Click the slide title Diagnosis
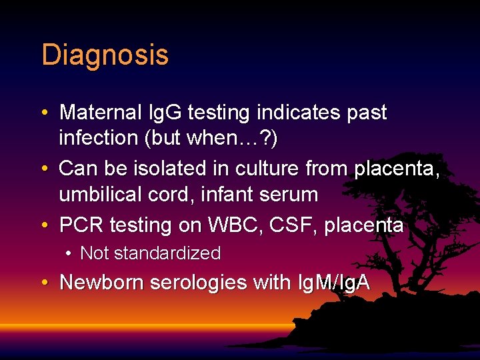pyautogui.click(x=105, y=55)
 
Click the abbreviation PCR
pyautogui.click(x=82, y=225)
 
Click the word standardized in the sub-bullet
pyautogui.click(x=167, y=253)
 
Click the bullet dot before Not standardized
pyautogui.click(x=69, y=254)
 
